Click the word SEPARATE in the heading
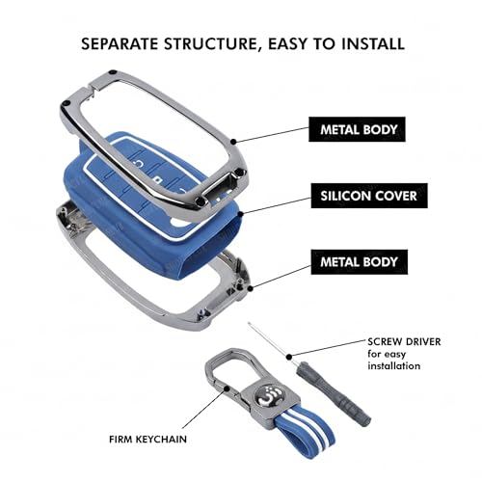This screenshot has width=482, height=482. pos(120,44)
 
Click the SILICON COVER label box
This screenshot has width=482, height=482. pos(369,196)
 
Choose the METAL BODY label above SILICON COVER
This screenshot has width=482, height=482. pos(357,129)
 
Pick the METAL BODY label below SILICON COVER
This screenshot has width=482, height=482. pos(360,262)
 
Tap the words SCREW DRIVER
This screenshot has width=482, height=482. pos(404,341)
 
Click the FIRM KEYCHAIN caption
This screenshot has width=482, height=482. pos(147,440)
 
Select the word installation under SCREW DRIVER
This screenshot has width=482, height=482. pos(394,365)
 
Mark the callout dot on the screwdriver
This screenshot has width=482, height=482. pos(289,357)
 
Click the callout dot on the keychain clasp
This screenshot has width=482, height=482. pos(227,388)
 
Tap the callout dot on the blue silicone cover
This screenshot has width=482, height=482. pos(239,213)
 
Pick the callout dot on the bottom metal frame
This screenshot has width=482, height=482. pos(251,288)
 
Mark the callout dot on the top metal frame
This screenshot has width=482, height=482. pos(234,141)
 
